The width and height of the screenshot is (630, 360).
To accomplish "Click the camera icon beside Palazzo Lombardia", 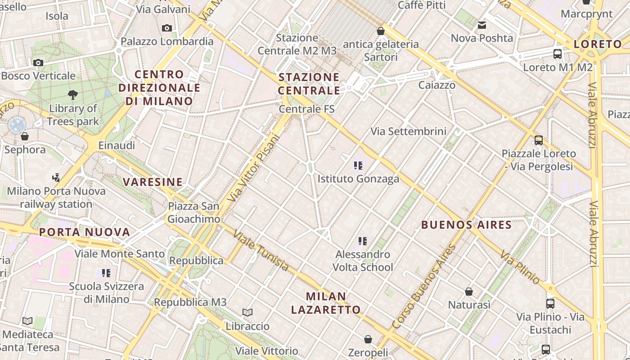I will pos(167,28).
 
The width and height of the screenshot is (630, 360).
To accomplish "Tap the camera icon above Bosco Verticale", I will pos(38,63).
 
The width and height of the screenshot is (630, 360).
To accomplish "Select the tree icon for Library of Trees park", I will pos(72,94).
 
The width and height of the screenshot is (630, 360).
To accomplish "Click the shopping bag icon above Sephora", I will pos(25,136).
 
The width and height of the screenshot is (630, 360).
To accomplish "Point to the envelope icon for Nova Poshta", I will pos(482,25).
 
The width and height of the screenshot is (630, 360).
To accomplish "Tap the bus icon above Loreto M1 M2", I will pos(558,54).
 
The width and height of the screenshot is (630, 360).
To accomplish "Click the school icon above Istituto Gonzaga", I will pos(358,166).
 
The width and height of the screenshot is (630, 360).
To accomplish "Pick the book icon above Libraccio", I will pos(247,312).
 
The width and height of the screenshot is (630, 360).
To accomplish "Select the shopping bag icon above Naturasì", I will pos(469,292).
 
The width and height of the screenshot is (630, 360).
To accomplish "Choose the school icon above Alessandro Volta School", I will pos(363,241).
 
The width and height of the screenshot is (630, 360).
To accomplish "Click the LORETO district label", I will pos(598,44).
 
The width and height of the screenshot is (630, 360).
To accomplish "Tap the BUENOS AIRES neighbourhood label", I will pos(466,225).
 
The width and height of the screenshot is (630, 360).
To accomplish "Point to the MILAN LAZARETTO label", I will pos(326,303).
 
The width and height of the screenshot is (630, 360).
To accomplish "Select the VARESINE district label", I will pos(153,182).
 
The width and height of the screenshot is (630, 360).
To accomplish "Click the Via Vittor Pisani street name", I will pos(253,167).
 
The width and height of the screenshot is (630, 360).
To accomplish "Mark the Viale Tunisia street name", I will pos(261,252).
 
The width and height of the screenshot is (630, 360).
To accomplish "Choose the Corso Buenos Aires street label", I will pos(423,287).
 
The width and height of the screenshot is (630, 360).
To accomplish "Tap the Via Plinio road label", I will pos(520,267).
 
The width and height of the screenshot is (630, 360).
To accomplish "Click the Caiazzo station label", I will pos(436,85).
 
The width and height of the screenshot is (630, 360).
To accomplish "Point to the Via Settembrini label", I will pos(409,131).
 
